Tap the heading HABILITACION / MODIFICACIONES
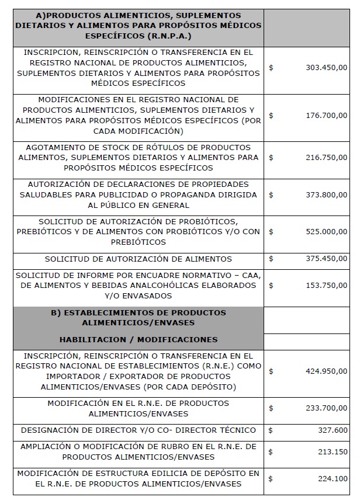tap(138, 339)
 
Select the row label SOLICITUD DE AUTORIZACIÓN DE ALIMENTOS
tap(138, 259)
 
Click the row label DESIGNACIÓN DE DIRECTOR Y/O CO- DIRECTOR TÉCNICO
tap(138, 430)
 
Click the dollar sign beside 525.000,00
tap(271, 232)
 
